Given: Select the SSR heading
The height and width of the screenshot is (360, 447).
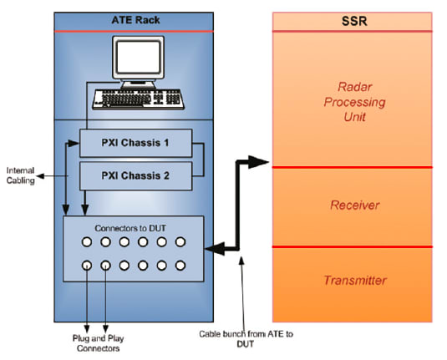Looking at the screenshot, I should [352, 20].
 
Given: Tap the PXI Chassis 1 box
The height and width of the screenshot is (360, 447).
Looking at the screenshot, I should [136, 144].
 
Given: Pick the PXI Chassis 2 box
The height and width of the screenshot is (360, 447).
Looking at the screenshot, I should [136, 176].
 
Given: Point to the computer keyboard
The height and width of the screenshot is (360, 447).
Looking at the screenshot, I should [138, 97].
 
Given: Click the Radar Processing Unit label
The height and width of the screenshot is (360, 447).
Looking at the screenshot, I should [352, 102].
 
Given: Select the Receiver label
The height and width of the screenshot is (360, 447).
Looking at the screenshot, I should [352, 205].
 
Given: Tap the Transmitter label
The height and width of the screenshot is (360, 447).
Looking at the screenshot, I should [352, 281].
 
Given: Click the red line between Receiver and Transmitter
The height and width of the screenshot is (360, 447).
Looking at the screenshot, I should [352, 246].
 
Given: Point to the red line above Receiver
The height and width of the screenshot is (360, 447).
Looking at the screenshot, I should [352, 167].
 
